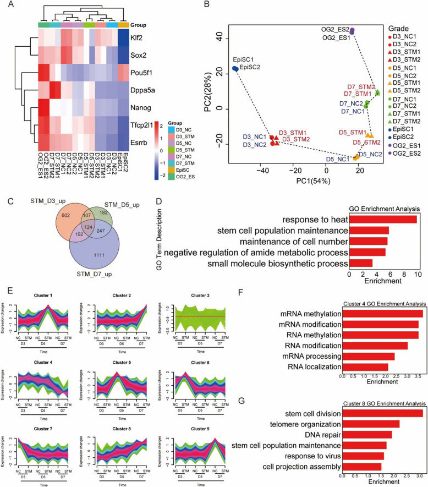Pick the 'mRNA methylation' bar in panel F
(x=382, y=314)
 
